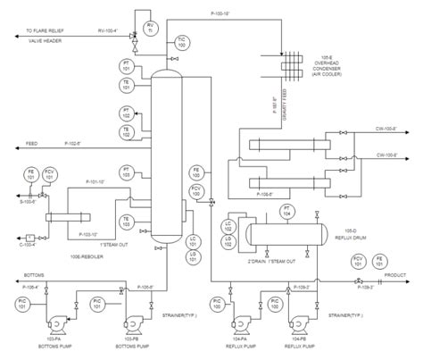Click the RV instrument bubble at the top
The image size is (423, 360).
tap(149, 27)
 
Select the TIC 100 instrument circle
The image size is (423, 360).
tap(182, 40)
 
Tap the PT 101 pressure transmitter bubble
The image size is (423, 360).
tap(126, 67)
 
